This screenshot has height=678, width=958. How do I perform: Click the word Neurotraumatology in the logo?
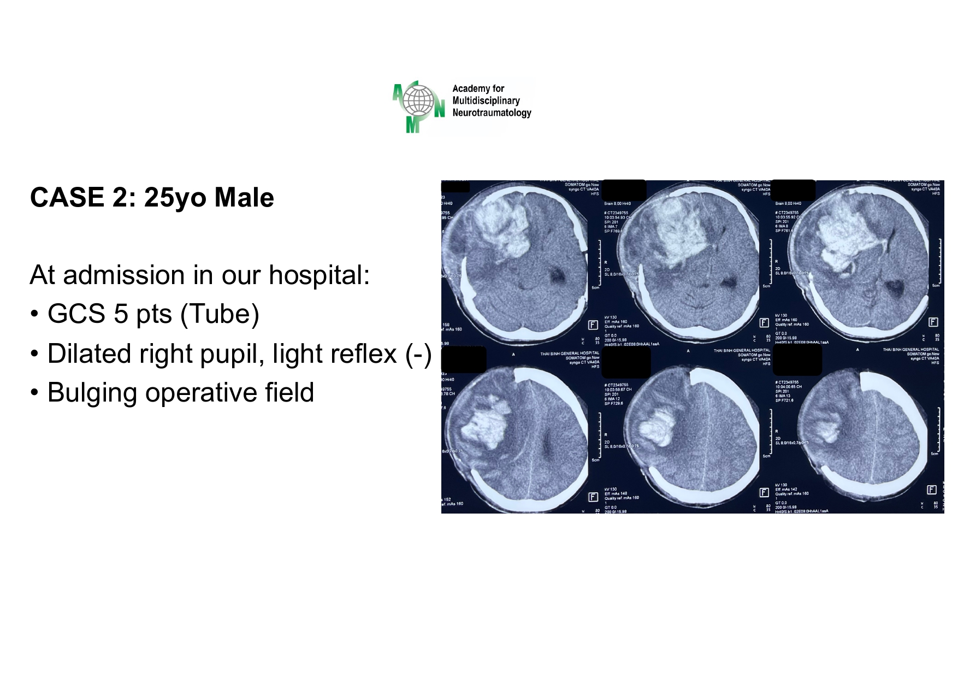point(492,113)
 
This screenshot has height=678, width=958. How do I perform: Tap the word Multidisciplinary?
point(486,101)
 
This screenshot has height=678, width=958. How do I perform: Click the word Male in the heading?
point(244,197)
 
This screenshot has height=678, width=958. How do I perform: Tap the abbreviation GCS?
point(76,314)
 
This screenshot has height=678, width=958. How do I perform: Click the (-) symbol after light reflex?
point(418,353)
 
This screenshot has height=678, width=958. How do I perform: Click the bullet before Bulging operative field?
point(34,392)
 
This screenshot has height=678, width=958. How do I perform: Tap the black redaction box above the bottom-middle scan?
point(626,362)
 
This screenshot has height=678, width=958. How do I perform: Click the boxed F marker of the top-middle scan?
point(764,323)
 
